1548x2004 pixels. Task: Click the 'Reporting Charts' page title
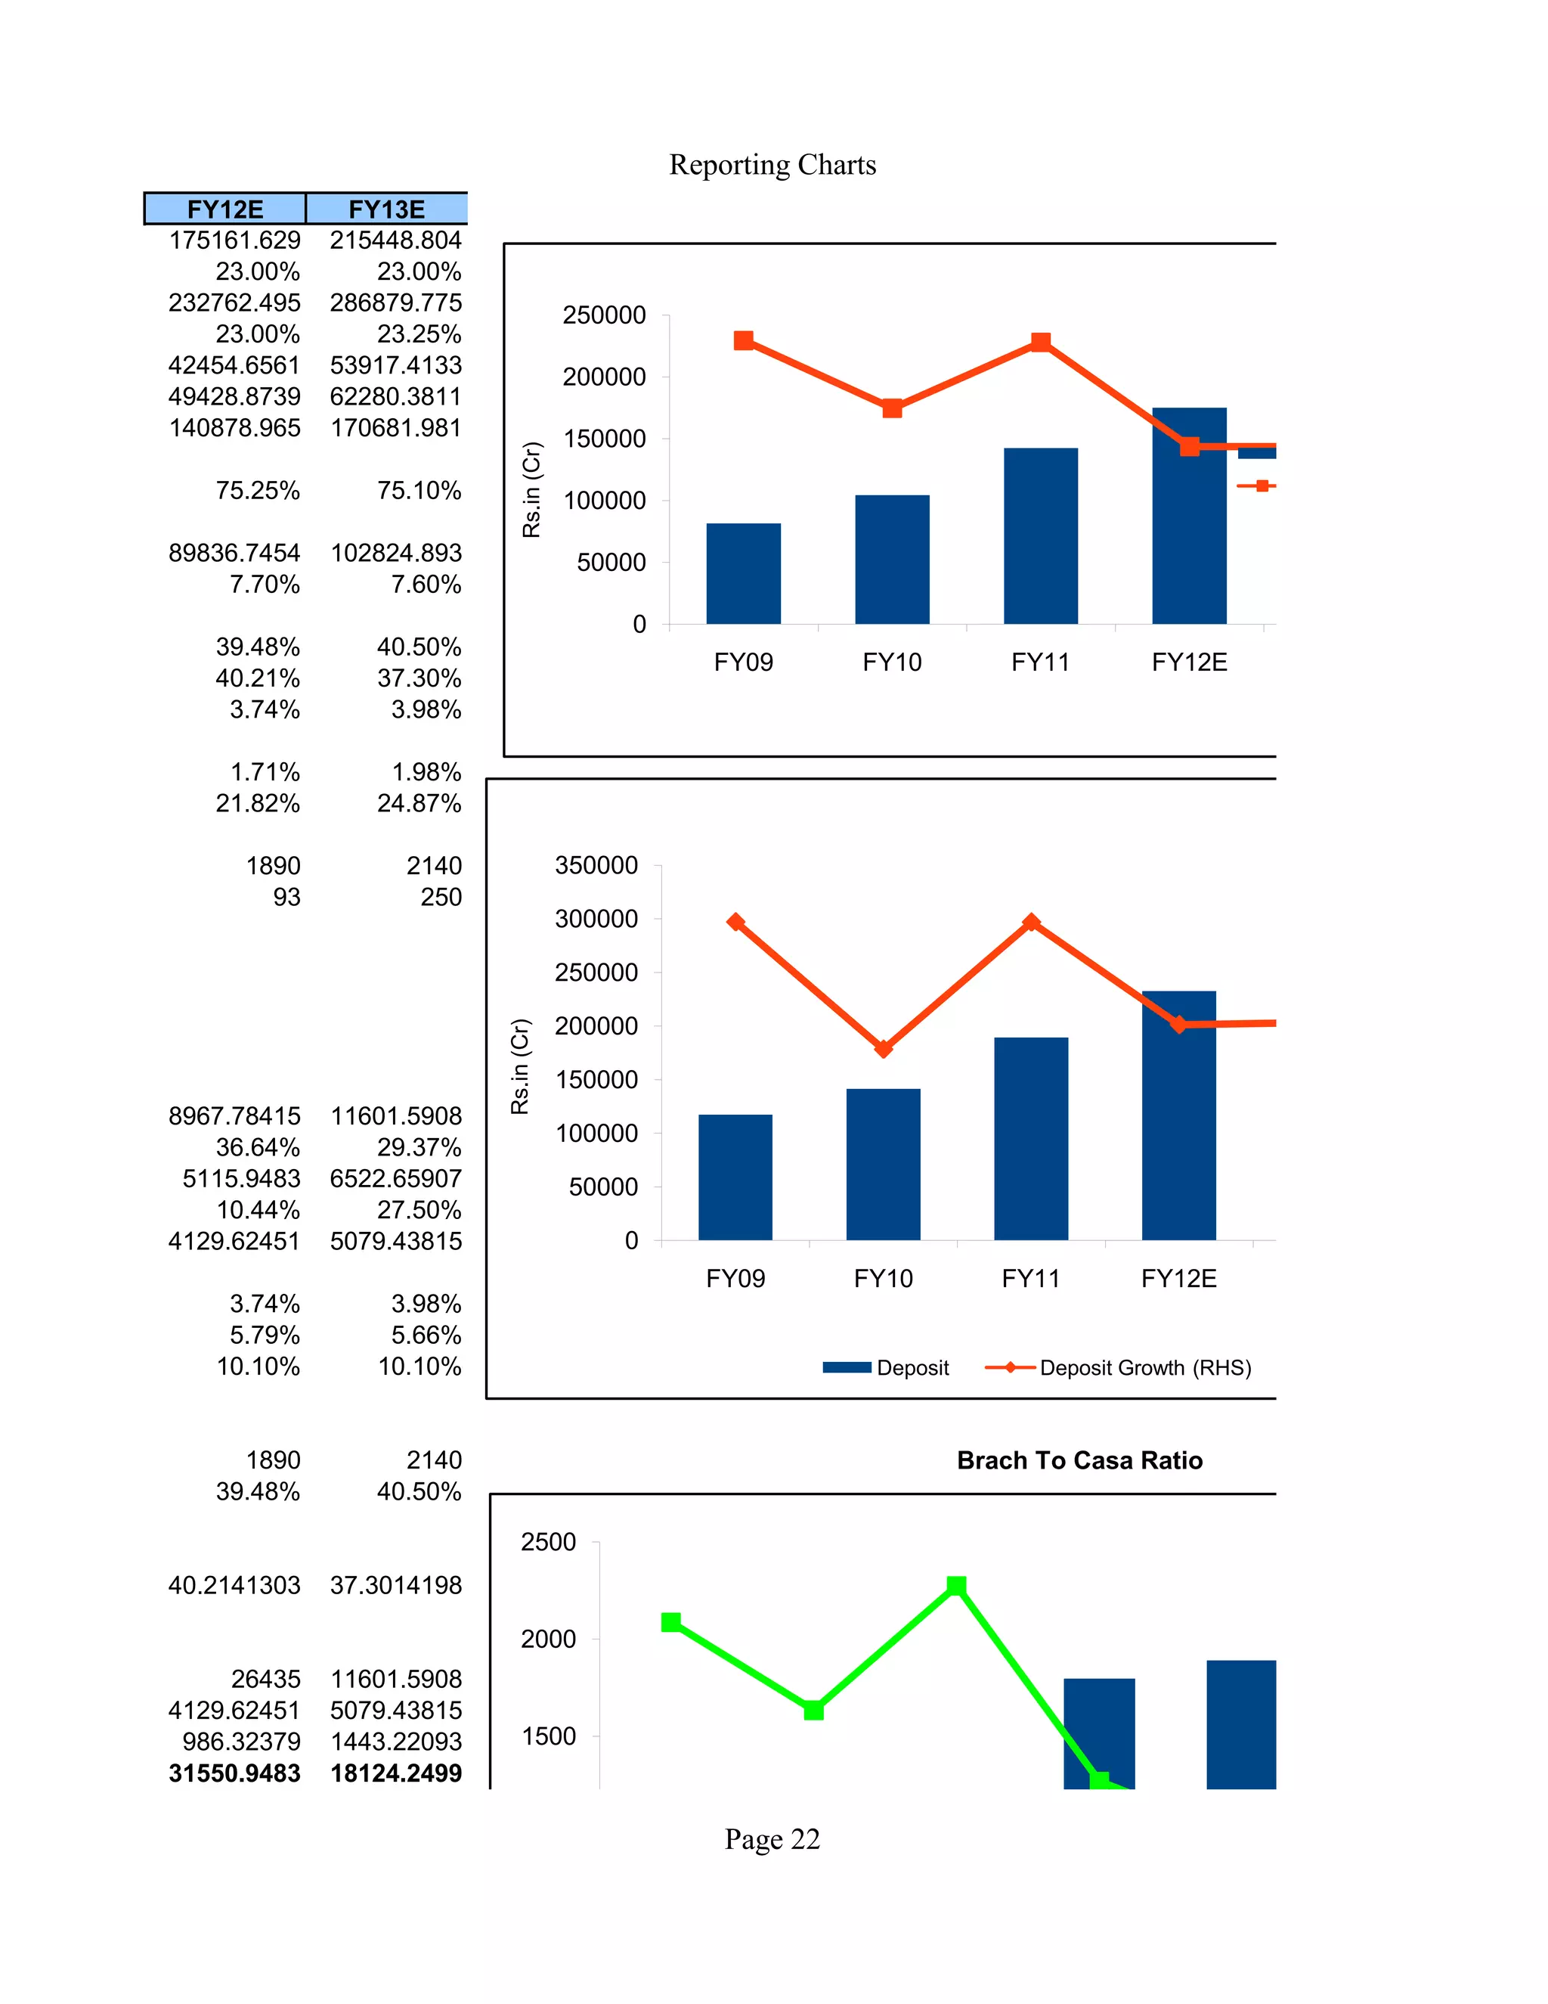click(772, 165)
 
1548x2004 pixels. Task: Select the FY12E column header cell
click(224, 209)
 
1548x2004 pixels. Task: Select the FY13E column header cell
click(386, 209)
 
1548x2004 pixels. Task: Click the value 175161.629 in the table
click(235, 240)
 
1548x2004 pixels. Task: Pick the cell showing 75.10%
click(419, 491)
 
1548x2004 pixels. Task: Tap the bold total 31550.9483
click(235, 1773)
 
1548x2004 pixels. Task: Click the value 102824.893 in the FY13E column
click(396, 554)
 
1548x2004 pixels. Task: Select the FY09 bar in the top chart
click(743, 573)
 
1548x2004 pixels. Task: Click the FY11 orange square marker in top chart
click(1040, 343)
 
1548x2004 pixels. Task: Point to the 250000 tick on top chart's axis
click(605, 315)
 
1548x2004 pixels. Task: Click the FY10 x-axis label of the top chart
click(891, 662)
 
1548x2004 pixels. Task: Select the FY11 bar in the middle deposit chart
click(1031, 1138)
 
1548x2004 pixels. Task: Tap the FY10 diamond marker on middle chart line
click(883, 1049)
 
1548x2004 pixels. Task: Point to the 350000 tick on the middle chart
click(596, 865)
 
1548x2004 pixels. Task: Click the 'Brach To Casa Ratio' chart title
click(1079, 1461)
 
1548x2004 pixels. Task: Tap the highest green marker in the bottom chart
click(955, 1586)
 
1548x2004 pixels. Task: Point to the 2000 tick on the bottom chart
click(549, 1639)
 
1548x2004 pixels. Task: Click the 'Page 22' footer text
click(772, 1840)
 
